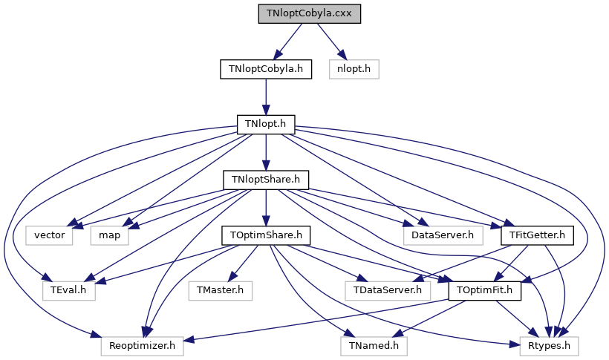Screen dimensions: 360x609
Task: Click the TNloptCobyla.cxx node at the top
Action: (309, 14)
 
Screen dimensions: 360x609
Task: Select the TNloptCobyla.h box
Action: (266, 69)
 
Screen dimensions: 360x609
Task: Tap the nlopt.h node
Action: (358, 69)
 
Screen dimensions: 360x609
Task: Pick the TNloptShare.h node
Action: (266, 180)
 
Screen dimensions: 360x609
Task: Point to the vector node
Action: (50, 235)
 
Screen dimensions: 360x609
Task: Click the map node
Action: (111, 235)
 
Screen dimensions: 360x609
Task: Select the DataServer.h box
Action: (443, 235)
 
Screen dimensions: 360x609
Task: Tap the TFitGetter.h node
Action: (538, 235)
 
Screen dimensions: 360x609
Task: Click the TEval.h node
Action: (69, 290)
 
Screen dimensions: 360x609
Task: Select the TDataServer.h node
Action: (388, 290)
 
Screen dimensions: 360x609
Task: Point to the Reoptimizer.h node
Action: (143, 345)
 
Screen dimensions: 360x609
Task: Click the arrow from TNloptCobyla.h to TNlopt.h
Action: (266, 96)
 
